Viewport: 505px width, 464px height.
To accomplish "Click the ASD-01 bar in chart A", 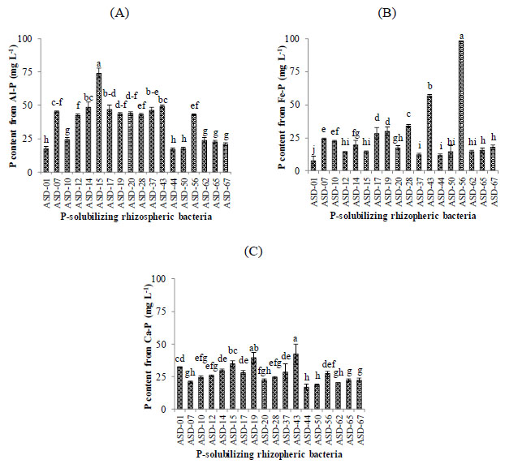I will (45, 160).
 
